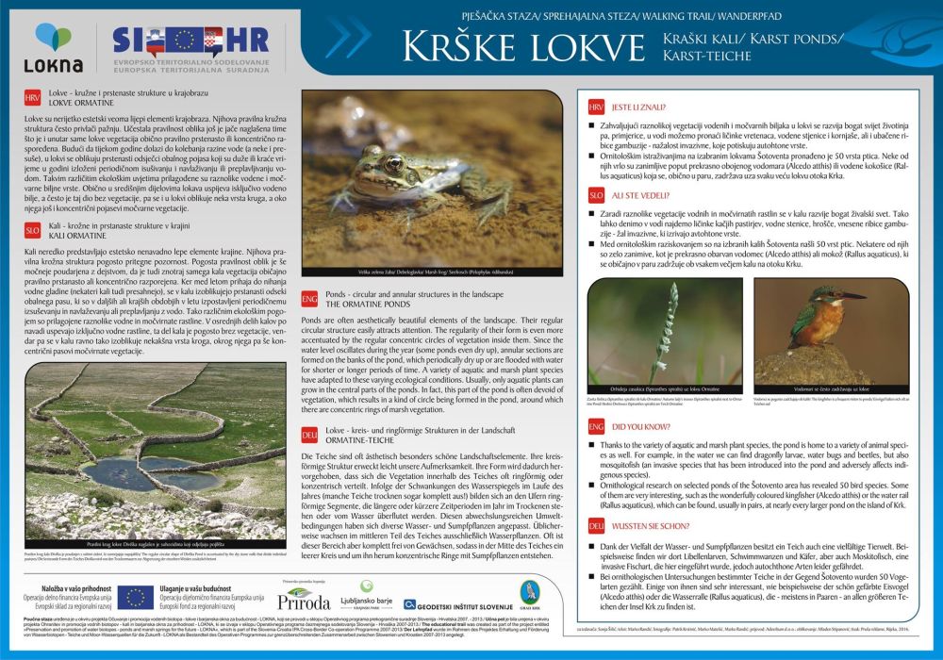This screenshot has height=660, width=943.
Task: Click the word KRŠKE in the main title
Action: tap(463, 46)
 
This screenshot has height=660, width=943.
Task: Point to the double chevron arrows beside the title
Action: tap(351, 39)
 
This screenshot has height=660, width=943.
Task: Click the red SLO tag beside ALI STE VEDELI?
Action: tap(596, 194)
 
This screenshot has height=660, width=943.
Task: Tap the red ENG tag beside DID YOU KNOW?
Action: tap(596, 427)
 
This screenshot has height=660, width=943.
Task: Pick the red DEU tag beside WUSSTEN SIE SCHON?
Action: tap(596, 525)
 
